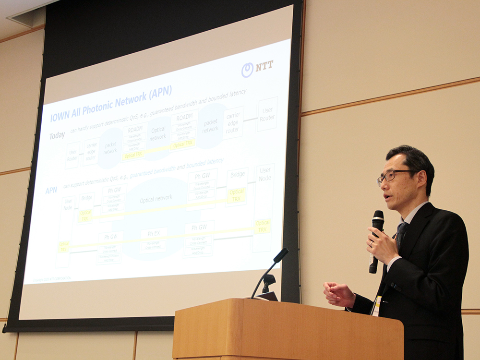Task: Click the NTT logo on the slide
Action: (258, 69)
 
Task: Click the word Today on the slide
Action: (57, 136)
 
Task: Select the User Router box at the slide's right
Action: (267, 114)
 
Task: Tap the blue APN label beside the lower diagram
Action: (51, 191)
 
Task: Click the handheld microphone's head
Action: (378, 220)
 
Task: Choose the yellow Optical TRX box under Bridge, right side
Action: (237, 195)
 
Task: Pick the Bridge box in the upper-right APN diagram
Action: (238, 175)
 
